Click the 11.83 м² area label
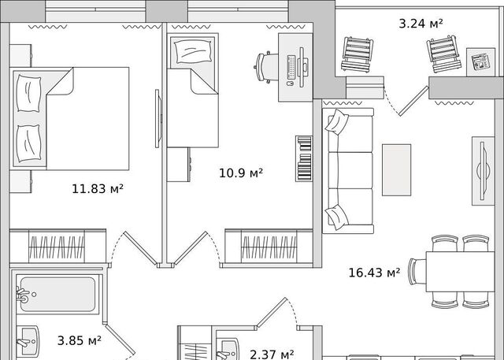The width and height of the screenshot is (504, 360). tap(98, 188)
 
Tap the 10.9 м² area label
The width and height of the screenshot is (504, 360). tap(241, 173)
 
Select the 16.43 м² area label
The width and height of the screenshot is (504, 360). tap(375, 273)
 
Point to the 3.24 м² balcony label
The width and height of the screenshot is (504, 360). tap(421, 24)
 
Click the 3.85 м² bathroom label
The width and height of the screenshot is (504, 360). tap(80, 340)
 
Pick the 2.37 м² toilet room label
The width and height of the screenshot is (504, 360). tap(272, 354)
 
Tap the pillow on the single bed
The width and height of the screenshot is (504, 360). tap(193, 51)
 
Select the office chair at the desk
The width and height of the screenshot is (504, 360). tap(266, 67)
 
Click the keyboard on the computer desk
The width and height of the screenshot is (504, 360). tap(291, 67)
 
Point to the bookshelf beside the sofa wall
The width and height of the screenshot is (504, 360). tap(304, 158)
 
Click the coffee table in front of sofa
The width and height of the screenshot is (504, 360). tap(396, 169)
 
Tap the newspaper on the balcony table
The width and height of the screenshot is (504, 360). tap(480, 62)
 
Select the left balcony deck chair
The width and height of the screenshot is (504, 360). tap(357, 54)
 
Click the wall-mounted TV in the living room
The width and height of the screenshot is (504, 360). tap(483, 171)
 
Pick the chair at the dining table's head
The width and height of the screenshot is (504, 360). tap(417, 272)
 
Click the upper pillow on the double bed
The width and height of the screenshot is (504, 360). tap(28, 94)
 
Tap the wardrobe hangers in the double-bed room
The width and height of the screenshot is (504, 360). tap(57, 247)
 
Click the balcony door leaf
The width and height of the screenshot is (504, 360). tap(413, 101)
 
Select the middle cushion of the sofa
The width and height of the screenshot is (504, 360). tap(350, 170)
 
